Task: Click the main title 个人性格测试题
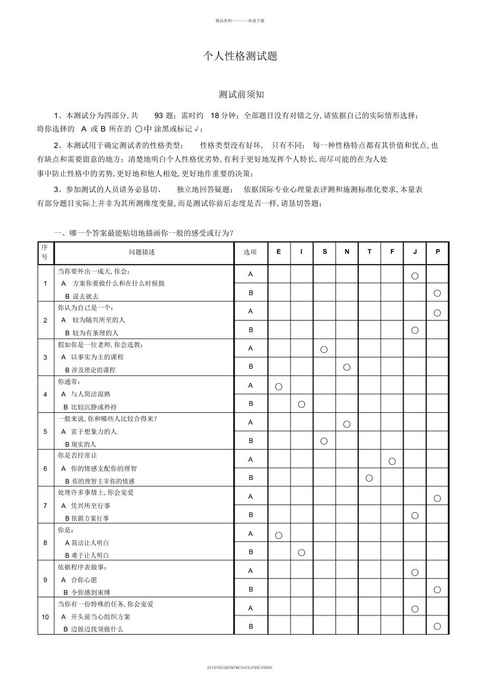(x=240, y=56)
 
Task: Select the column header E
(x=279, y=252)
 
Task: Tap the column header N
(x=347, y=252)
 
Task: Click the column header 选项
(x=250, y=252)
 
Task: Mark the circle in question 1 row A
(x=415, y=276)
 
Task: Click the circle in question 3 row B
(x=347, y=367)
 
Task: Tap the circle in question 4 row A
(x=279, y=387)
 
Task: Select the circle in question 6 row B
(x=369, y=478)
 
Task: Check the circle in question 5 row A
(x=347, y=424)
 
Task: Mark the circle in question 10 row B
(x=437, y=627)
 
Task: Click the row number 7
(x=45, y=505)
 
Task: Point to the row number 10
(x=45, y=616)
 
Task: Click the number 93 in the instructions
(x=160, y=116)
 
